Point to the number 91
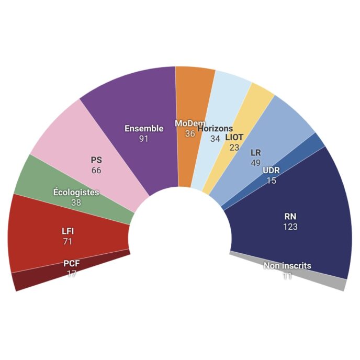point(144,139)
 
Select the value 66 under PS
point(96,171)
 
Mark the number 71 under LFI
point(67,241)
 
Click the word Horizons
point(215,129)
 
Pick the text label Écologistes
point(76,193)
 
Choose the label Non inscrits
point(287,266)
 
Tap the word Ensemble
point(144,129)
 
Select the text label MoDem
point(190,123)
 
